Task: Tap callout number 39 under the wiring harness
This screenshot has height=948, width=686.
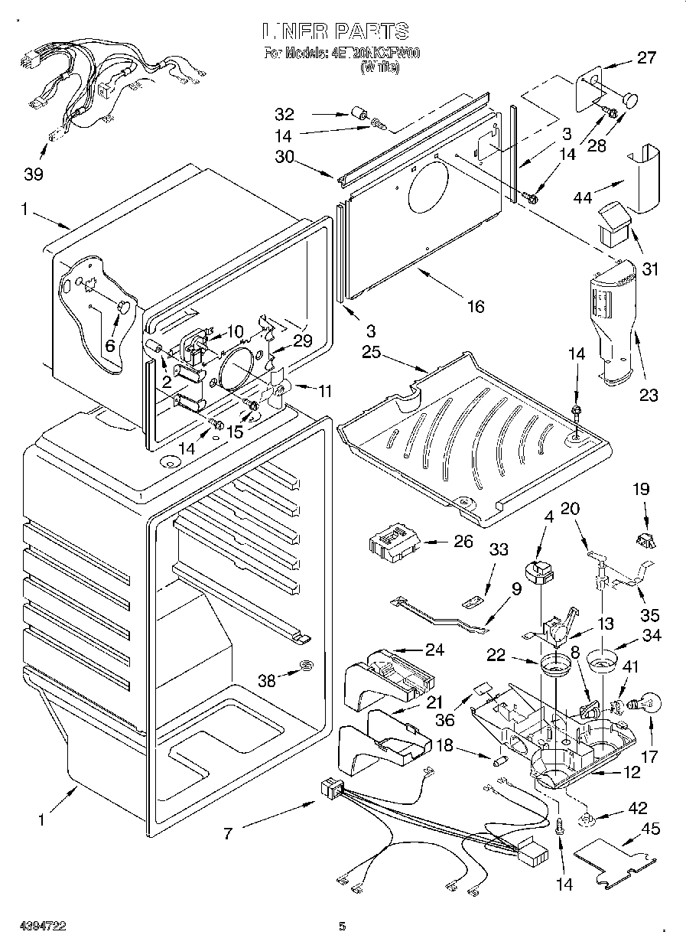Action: (33, 173)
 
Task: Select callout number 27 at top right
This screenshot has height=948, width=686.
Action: (646, 57)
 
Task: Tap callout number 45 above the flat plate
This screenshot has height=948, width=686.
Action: (650, 829)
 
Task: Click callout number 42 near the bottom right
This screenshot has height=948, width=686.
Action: (636, 808)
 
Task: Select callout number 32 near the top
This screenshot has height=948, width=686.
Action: (284, 115)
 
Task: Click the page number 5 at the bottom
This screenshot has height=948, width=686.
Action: (343, 927)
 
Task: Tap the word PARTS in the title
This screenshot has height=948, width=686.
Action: (370, 31)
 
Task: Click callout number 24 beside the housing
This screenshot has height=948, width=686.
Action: (434, 651)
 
